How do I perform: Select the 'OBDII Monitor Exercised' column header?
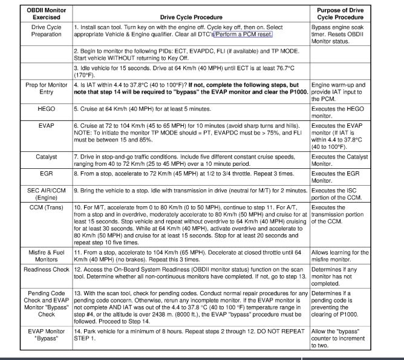[47, 13]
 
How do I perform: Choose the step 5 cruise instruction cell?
[151, 109]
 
